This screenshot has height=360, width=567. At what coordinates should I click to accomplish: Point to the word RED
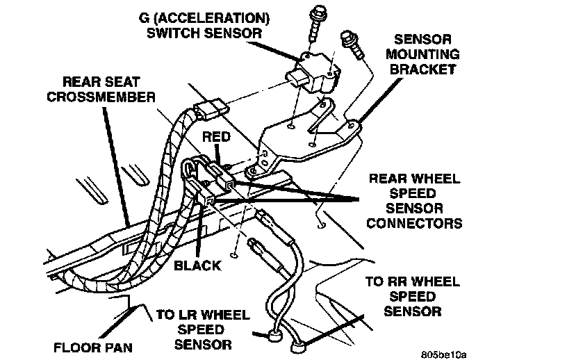215,138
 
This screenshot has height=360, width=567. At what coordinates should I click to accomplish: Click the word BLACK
197,265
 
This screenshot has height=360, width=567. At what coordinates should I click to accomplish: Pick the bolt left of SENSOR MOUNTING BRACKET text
351,43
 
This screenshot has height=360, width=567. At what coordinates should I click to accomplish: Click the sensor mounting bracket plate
306,136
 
